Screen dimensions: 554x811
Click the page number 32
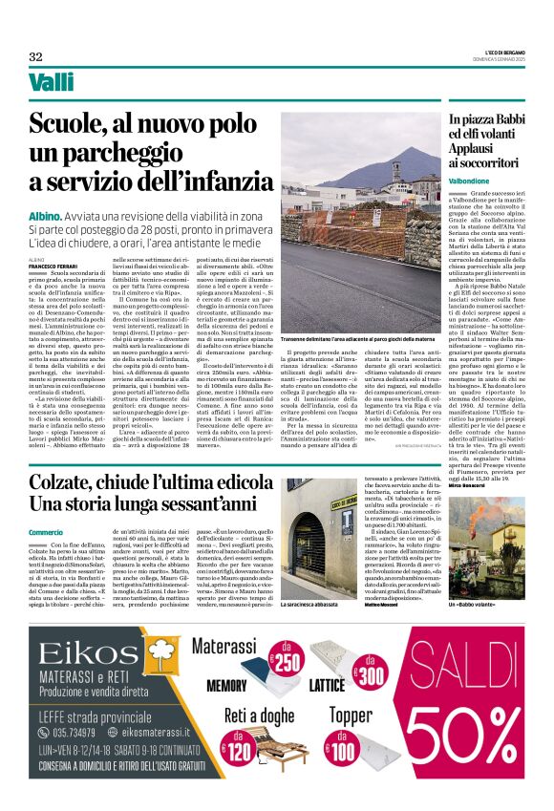[35, 56]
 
